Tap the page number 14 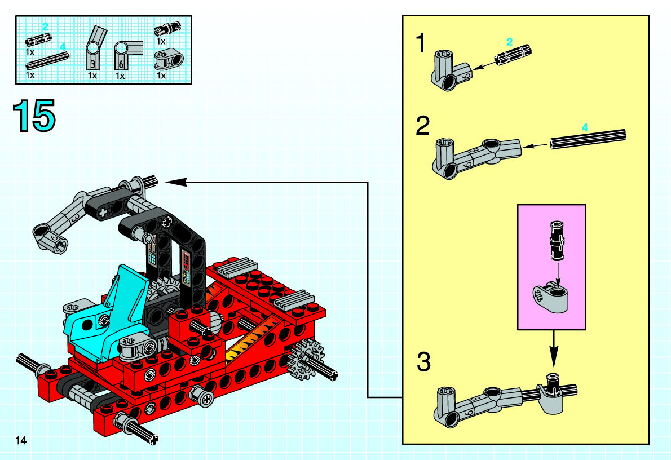(x=21, y=440)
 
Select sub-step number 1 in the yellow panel (x=421, y=43)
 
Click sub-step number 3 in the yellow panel (x=423, y=362)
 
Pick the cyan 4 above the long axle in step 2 (x=585, y=128)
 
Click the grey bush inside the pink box (x=551, y=297)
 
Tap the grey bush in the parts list (x=166, y=58)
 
